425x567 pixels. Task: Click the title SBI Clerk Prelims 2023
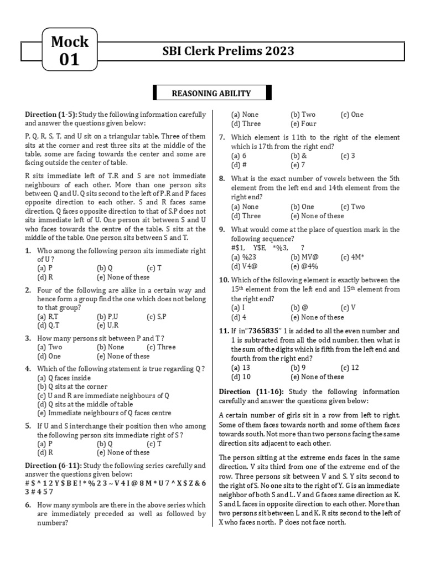click(228, 51)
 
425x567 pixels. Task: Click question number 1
click(27, 250)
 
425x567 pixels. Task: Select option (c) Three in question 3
click(161, 347)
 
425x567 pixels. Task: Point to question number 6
click(27, 505)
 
